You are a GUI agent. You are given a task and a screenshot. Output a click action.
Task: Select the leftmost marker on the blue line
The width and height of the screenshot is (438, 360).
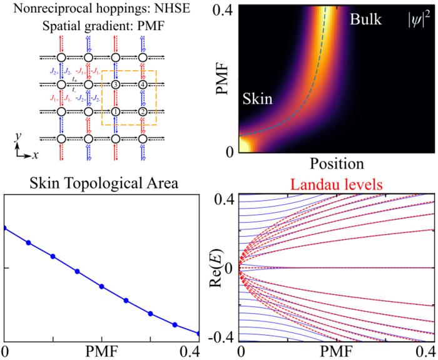pyautogui.click(x=5, y=228)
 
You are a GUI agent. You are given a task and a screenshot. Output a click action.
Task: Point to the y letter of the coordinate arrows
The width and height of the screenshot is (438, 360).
pyautogui.click(x=19, y=135)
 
